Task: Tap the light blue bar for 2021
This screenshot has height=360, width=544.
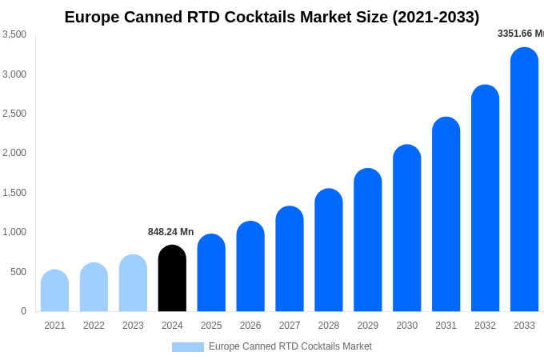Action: click(54, 291)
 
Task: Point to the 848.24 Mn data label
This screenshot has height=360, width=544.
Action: click(170, 232)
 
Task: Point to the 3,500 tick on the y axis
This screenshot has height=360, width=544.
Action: click(14, 34)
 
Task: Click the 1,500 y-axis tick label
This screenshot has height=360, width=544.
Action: click(14, 193)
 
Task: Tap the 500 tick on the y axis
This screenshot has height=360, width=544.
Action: click(18, 272)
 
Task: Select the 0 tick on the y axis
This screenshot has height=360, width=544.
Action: click(23, 311)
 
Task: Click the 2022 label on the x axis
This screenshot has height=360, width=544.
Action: click(94, 326)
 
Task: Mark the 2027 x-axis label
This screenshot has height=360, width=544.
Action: click(290, 326)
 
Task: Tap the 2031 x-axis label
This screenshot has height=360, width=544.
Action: click(446, 326)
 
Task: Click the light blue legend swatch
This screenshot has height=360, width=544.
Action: click(187, 347)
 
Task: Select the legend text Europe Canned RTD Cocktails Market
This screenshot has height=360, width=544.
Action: click(290, 346)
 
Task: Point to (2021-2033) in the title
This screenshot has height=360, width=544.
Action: click(435, 17)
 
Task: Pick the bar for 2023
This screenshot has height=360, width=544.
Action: click(133, 283)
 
